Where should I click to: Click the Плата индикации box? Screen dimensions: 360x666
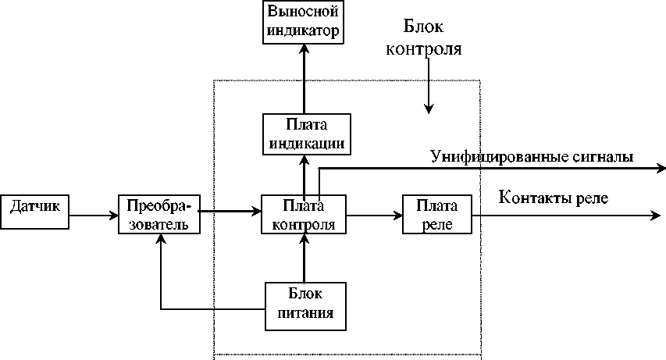pyautogui.click(x=305, y=134)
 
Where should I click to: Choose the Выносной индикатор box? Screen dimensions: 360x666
pyautogui.click(x=304, y=22)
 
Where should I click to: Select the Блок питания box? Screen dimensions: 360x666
pyautogui.click(x=305, y=305)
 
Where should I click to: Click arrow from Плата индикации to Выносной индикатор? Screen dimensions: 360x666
pyautogui.click(x=305, y=78)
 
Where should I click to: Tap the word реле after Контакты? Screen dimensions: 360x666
pyautogui.click(x=592, y=199)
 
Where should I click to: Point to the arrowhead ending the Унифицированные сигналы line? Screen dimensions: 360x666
pyautogui.click(x=660, y=167)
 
